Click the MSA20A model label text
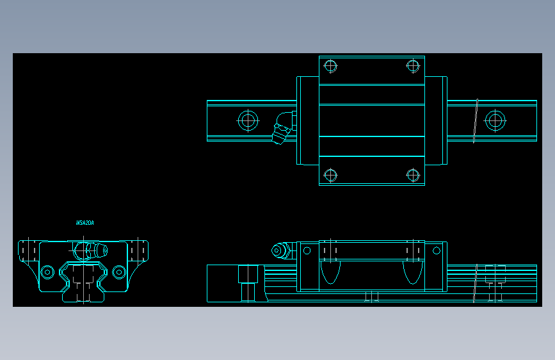click(x=85, y=223)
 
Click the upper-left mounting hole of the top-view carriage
click(x=330, y=65)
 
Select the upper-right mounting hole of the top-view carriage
click(x=412, y=65)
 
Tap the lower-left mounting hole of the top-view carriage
click(x=330, y=174)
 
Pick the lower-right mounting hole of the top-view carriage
click(x=412, y=174)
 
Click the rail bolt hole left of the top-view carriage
click(x=248, y=120)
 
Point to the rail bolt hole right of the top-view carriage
click(x=494, y=120)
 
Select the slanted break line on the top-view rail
click(x=476, y=120)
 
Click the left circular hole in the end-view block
click(x=47, y=272)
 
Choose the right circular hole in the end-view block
click(x=118, y=272)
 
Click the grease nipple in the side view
click(x=280, y=250)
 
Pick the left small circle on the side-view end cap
click(x=307, y=250)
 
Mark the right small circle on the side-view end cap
click(x=438, y=250)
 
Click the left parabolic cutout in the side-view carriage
click(x=330, y=272)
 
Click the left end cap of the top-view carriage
click(x=307, y=120)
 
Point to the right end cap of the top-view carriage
click(x=437, y=120)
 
